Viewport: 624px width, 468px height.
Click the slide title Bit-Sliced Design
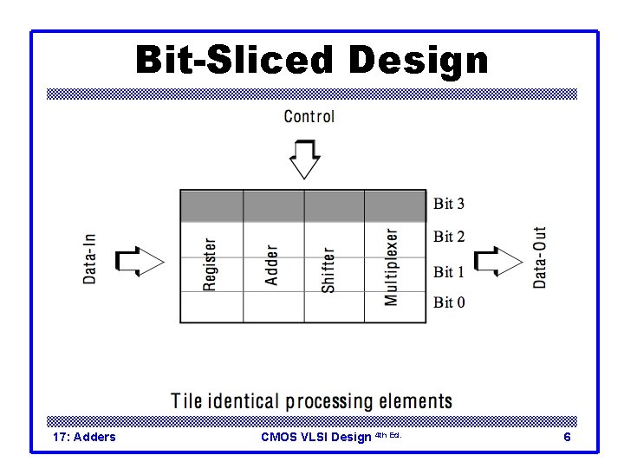(x=312, y=62)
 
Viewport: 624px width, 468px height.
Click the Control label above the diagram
(x=309, y=116)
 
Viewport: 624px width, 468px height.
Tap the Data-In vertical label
(x=90, y=257)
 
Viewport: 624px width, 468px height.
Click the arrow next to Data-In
(x=140, y=260)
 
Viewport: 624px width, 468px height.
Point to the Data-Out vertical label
(x=539, y=257)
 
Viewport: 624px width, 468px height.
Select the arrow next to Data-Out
(x=500, y=260)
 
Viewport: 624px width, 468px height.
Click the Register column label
(x=211, y=264)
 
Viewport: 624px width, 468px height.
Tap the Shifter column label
(x=328, y=270)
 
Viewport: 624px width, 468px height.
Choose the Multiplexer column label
(x=391, y=267)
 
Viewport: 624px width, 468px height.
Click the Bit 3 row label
(x=449, y=205)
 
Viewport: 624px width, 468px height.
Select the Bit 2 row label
(x=449, y=237)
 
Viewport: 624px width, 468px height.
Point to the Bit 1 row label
(x=449, y=272)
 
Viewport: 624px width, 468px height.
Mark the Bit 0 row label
(x=449, y=302)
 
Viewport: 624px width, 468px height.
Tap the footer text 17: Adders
(x=84, y=437)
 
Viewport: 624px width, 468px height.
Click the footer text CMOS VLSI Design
(x=315, y=437)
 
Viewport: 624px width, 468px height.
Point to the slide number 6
(x=567, y=437)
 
